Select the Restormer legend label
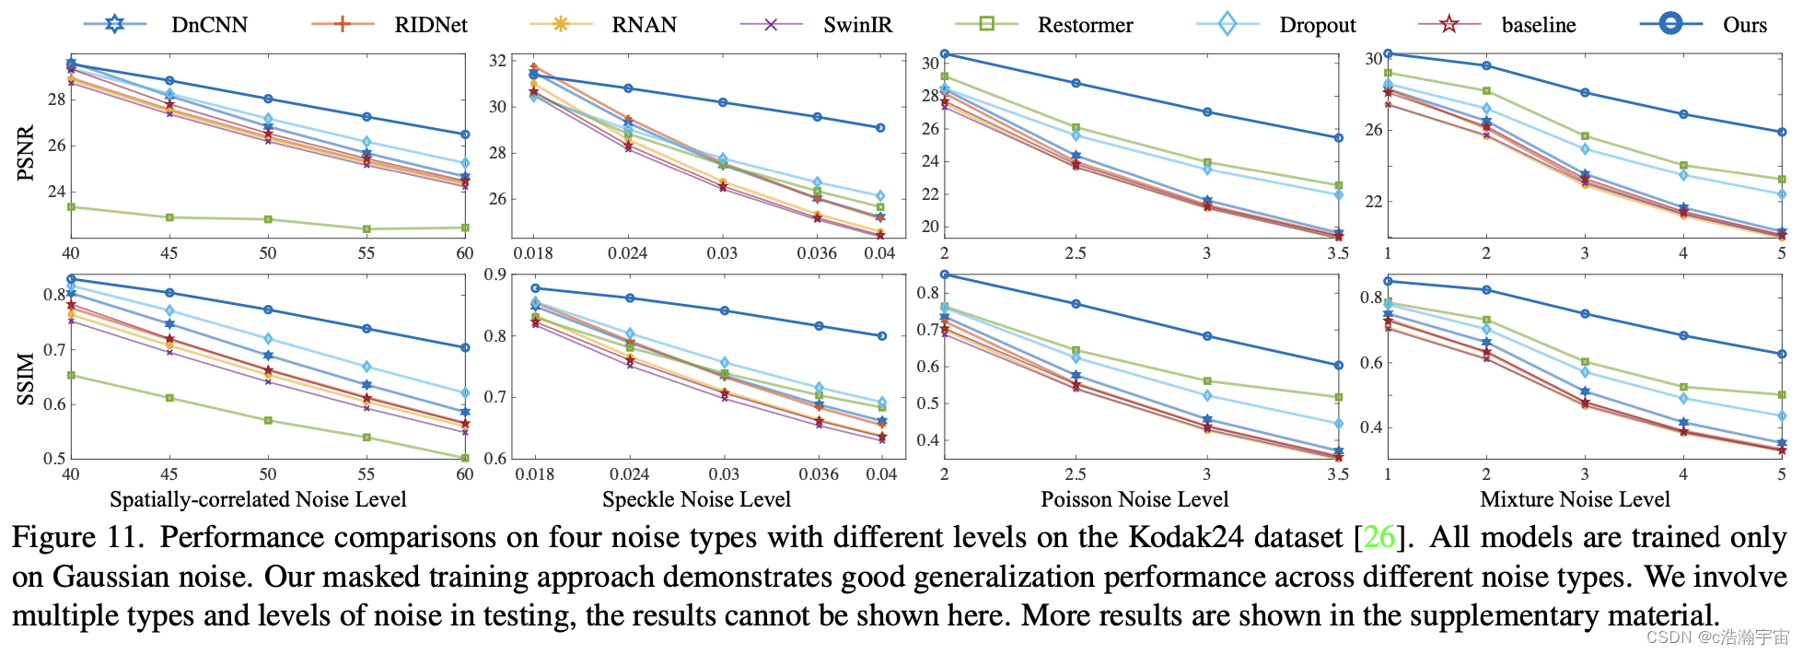tap(1085, 25)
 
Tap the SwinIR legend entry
tap(857, 25)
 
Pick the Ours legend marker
tap(1670, 24)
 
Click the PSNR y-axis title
tap(26, 152)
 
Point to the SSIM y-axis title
tap(26, 380)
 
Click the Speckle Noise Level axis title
tap(696, 499)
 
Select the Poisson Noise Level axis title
tap(1134, 499)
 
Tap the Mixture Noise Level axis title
tap(1575, 499)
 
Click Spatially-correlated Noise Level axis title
tap(258, 499)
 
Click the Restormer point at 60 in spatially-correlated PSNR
tap(465, 228)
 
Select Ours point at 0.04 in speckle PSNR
tap(880, 128)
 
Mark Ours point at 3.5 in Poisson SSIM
tap(1338, 366)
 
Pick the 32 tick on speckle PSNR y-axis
tap(497, 61)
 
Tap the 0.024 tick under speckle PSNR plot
tap(628, 253)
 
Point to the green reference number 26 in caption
tap(1378, 537)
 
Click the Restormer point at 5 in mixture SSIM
tap(1782, 395)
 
